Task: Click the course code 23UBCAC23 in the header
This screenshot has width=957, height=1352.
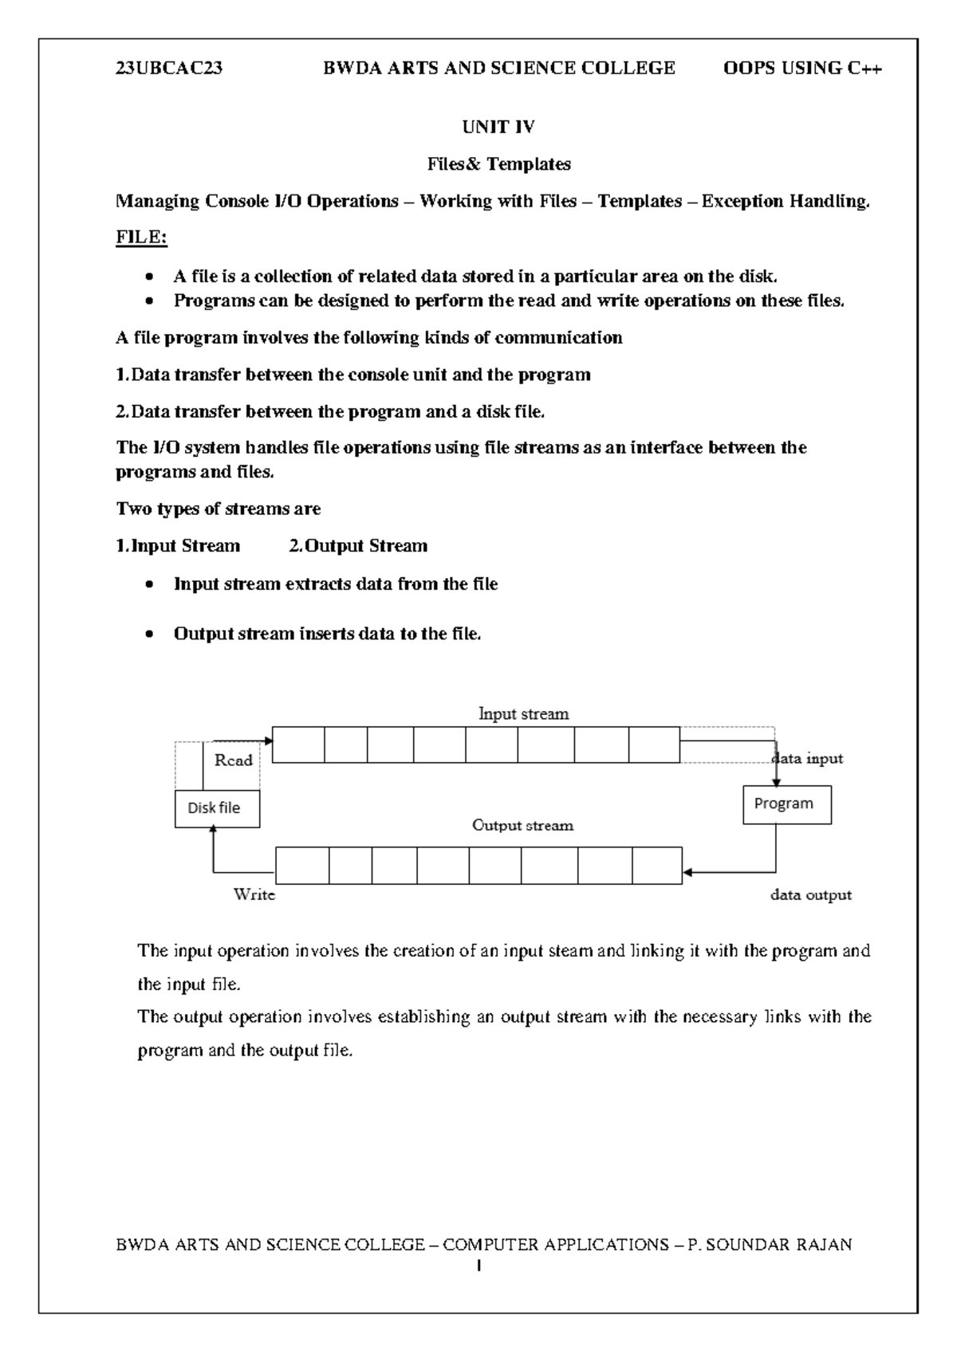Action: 169,69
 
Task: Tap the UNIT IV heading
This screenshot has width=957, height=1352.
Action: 498,127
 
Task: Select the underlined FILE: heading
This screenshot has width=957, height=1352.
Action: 141,238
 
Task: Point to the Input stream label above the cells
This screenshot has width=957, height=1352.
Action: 523,713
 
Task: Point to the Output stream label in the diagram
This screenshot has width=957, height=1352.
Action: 522,825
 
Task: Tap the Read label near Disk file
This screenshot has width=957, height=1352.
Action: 233,760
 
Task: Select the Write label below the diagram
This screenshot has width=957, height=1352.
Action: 254,894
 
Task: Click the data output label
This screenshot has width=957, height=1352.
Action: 810,894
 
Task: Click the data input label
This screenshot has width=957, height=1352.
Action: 809,758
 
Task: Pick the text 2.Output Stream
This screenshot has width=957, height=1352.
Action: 357,546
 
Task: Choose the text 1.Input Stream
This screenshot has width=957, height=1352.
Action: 178,546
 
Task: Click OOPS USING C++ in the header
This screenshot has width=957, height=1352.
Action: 802,69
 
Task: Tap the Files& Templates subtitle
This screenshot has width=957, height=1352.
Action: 498,164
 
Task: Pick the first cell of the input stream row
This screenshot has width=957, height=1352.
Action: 298,745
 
